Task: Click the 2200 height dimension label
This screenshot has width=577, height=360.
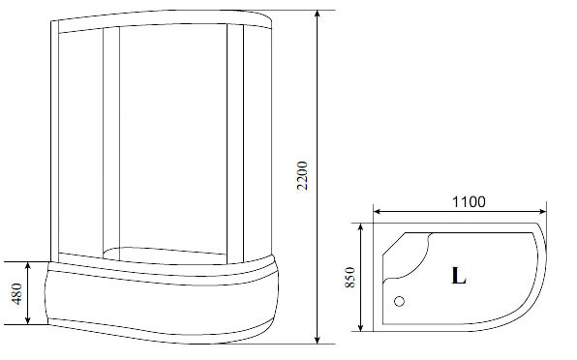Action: click(x=302, y=175)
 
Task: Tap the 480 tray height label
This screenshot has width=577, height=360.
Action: click(x=16, y=293)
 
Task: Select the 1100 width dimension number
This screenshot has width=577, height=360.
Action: click(x=469, y=202)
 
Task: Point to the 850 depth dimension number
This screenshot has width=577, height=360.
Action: click(x=349, y=278)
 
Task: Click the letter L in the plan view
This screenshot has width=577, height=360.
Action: click(x=459, y=275)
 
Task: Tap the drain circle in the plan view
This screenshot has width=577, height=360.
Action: click(x=399, y=302)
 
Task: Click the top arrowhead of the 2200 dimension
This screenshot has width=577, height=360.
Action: click(x=318, y=14)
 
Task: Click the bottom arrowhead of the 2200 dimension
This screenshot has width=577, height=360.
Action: click(x=318, y=340)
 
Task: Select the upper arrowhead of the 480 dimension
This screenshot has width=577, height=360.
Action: click(x=28, y=266)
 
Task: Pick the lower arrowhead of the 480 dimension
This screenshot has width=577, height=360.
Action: click(x=28, y=320)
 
